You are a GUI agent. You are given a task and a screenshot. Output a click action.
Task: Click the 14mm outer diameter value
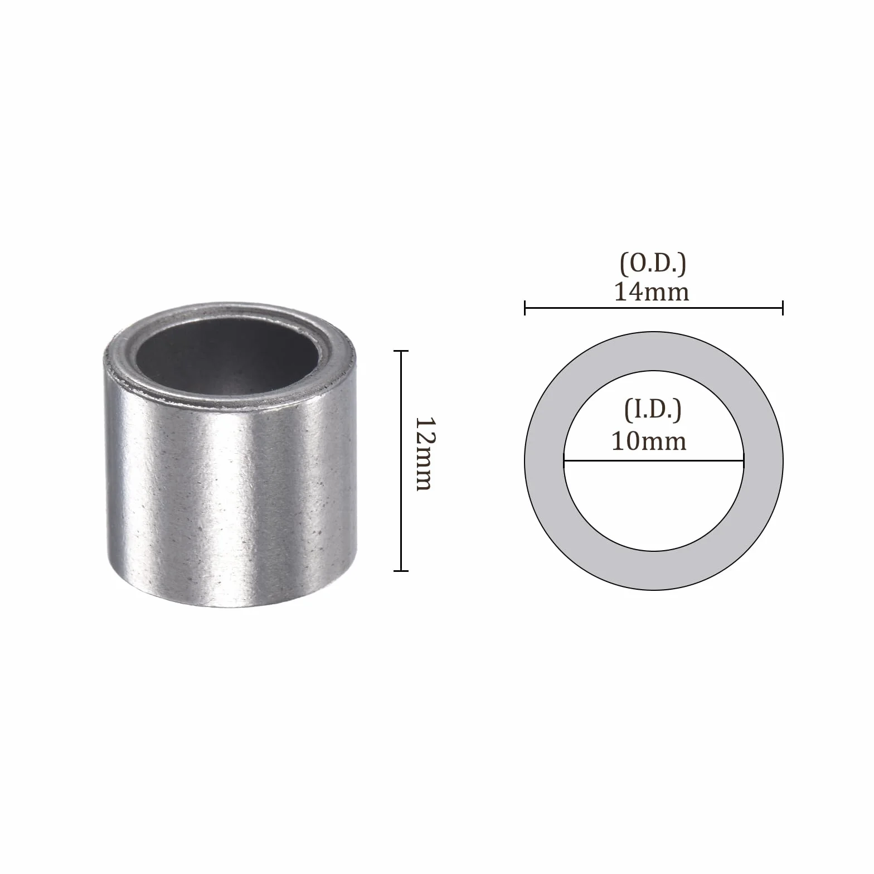(x=652, y=292)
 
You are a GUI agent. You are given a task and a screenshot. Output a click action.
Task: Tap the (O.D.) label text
(x=653, y=264)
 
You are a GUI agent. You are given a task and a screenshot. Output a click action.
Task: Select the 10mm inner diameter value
(x=649, y=441)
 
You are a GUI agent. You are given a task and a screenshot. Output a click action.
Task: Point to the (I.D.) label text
(x=653, y=410)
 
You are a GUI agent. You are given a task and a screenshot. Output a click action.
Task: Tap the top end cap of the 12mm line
(x=401, y=351)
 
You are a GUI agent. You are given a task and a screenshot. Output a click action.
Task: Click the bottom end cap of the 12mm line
(x=401, y=570)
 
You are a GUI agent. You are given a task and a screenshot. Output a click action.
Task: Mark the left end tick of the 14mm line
(x=525, y=308)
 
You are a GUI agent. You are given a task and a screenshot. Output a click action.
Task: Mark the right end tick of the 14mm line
(x=783, y=308)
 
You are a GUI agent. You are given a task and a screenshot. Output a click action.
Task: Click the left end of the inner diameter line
(x=564, y=461)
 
